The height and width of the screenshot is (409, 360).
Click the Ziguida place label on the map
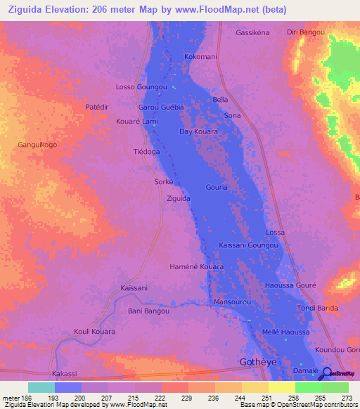178,199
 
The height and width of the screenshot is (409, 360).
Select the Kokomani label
200,56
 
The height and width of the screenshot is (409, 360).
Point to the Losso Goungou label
142,87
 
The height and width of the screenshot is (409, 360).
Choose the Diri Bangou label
306,32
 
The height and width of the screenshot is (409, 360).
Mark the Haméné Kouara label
197,267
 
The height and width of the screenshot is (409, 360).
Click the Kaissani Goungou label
249,245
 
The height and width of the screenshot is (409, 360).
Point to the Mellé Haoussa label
285,332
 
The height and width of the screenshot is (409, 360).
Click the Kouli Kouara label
94,331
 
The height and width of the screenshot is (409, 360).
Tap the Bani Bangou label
148,311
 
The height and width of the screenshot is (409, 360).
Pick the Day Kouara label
198,131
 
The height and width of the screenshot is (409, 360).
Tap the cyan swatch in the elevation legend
41,387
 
